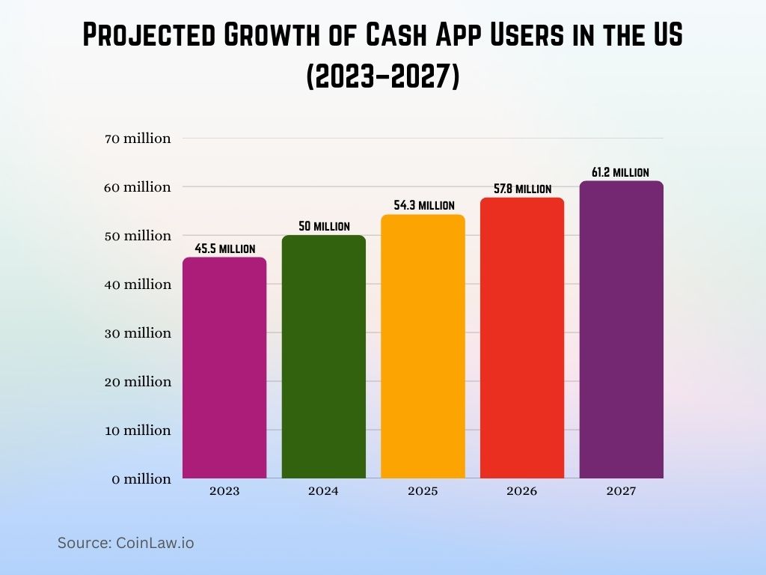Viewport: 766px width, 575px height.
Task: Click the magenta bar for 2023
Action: coord(224,368)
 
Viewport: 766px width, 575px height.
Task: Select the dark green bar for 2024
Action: coord(323,356)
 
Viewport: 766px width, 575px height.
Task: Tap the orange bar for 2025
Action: coord(423,346)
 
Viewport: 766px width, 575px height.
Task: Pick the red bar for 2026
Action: coord(522,338)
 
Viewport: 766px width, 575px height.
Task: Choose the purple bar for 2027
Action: coord(621,329)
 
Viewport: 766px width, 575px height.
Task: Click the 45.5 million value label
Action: coord(224,249)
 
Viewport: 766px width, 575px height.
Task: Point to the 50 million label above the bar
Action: coord(323,226)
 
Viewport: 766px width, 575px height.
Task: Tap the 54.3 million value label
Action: coord(423,205)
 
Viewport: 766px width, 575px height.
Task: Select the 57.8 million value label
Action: coord(522,189)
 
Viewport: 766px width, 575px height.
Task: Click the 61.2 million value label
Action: coord(620,172)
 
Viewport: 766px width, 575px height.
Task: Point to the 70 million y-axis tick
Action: coord(138,139)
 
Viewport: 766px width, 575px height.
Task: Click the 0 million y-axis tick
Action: coord(141,479)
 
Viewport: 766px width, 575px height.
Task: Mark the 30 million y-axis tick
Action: coord(138,333)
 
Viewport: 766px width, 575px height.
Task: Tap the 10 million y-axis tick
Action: coord(138,431)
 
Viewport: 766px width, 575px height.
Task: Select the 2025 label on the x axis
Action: coord(423,492)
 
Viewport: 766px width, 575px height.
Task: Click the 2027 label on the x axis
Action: coord(621,492)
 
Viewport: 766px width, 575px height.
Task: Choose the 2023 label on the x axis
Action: coord(224,492)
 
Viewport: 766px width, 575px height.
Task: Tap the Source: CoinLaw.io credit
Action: coord(126,544)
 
